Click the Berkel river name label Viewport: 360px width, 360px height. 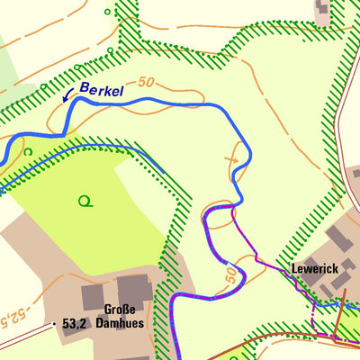(x=101, y=89)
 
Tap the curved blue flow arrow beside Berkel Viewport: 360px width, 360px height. (x=67, y=94)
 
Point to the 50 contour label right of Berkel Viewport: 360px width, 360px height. (x=148, y=82)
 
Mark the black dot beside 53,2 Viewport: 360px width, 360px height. (x=55, y=321)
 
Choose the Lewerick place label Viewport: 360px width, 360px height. (x=313, y=269)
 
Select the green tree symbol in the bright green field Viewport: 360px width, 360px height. (x=85, y=201)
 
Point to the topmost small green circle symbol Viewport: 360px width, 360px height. (x=108, y=13)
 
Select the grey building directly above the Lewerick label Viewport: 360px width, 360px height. (x=337, y=238)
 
